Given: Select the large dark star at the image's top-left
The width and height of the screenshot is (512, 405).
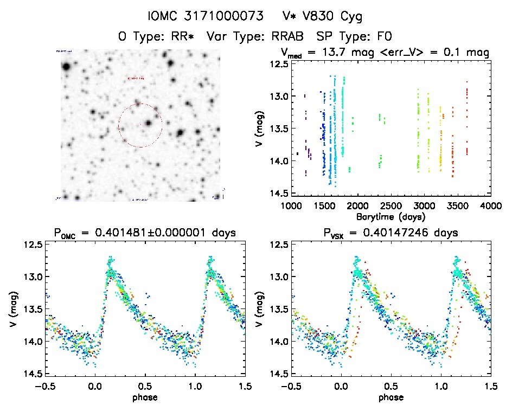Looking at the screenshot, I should click(66, 67).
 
